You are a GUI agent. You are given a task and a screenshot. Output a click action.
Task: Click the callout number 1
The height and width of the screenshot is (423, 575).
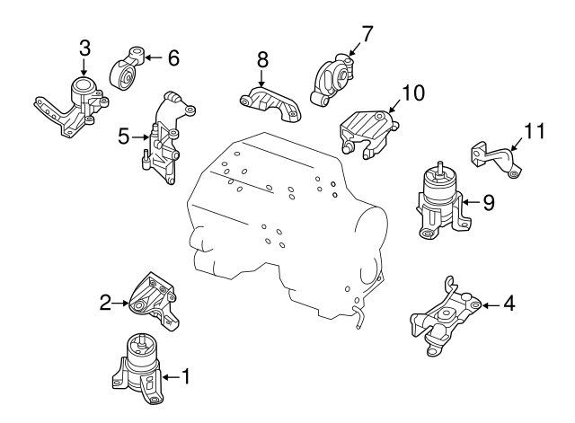point(186,375)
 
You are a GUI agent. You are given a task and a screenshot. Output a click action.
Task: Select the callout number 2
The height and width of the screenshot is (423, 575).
point(105,303)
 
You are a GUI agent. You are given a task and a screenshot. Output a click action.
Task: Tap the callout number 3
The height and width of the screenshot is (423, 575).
point(84,48)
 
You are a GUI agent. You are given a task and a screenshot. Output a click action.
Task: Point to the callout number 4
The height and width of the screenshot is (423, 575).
point(509,304)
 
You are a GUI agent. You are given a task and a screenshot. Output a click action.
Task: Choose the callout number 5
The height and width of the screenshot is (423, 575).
point(123,137)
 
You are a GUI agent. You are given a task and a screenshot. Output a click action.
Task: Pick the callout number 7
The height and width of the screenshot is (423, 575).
point(366,33)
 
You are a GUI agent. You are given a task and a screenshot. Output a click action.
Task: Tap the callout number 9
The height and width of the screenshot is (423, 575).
point(488,202)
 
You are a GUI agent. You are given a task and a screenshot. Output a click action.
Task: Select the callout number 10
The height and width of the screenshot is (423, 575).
point(412,92)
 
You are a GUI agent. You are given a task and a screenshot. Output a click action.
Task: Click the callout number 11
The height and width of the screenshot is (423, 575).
point(535,131)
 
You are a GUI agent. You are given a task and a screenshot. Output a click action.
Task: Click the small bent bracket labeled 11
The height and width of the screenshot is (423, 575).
point(494,158)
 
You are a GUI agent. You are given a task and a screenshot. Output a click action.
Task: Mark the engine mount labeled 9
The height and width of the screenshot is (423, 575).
point(440,203)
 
